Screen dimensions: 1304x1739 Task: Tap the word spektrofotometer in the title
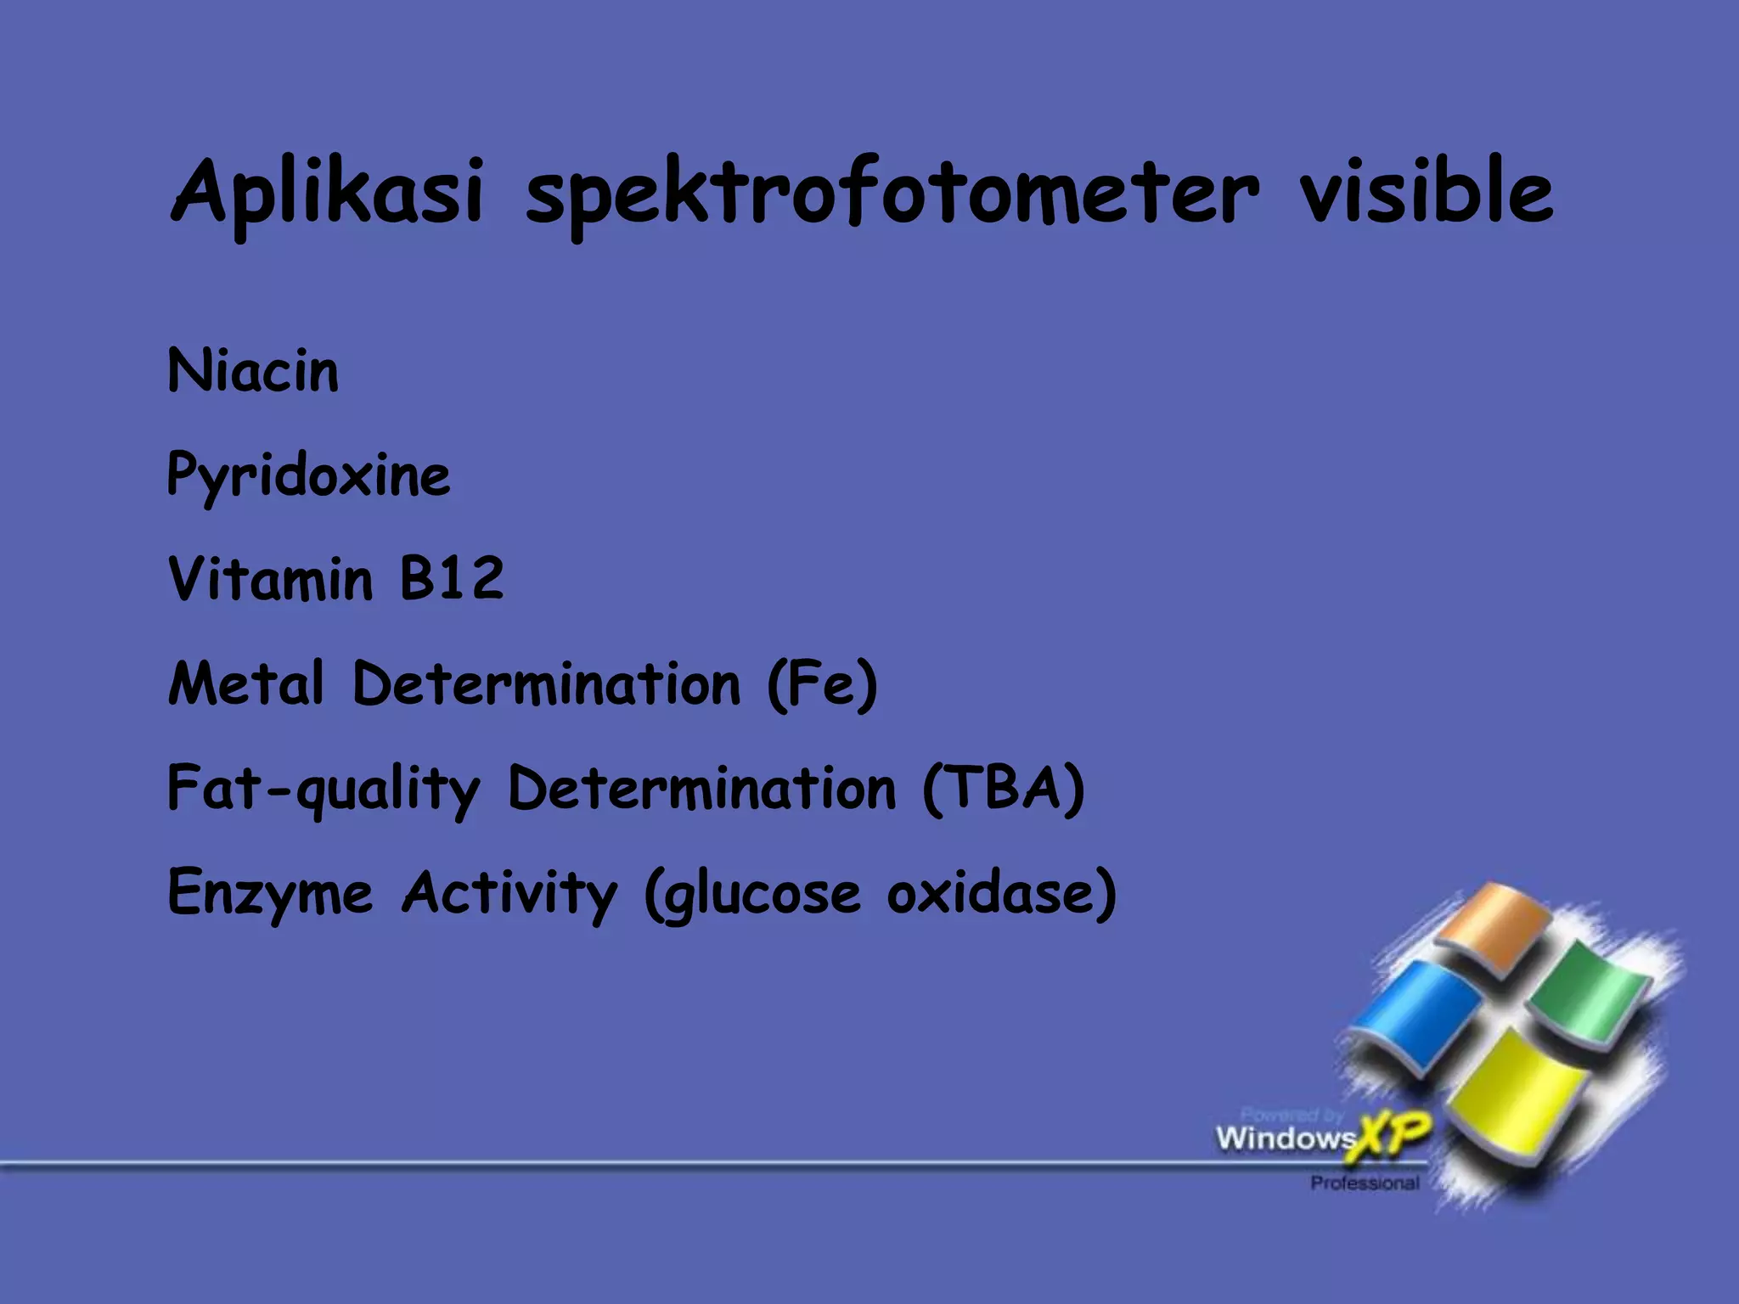tap(892, 194)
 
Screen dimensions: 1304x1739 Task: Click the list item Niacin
tap(253, 371)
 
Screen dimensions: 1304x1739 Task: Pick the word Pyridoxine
tap(308, 475)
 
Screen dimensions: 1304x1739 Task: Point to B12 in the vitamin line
tap(452, 579)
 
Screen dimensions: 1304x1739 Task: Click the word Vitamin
tap(270, 579)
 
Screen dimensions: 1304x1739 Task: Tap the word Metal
tap(246, 683)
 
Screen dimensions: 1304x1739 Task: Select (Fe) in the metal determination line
tap(822, 684)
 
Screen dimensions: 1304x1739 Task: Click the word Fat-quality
tap(324, 789)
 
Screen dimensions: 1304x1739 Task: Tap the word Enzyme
tap(270, 893)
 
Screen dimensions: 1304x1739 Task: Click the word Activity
tap(509, 893)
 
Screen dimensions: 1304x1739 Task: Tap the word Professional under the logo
tap(1365, 1183)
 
